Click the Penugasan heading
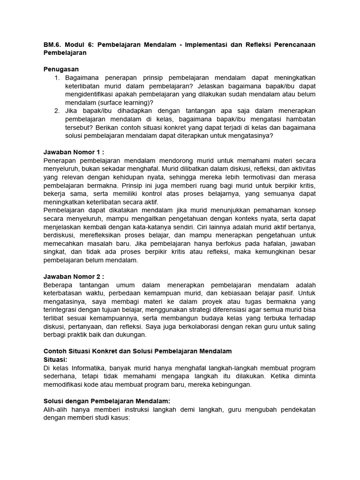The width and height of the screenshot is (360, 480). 61,69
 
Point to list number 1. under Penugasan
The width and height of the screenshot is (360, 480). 57,77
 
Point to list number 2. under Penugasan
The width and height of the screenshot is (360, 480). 57,111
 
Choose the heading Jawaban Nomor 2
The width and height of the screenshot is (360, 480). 73,277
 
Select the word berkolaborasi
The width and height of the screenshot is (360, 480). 217,327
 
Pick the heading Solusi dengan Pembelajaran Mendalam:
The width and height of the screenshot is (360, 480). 106,401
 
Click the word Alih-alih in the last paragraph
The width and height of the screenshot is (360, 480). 56,410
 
